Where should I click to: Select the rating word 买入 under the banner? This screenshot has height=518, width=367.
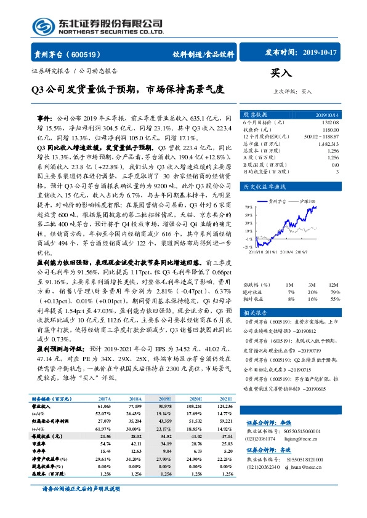280,73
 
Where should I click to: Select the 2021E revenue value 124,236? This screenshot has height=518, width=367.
225,406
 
